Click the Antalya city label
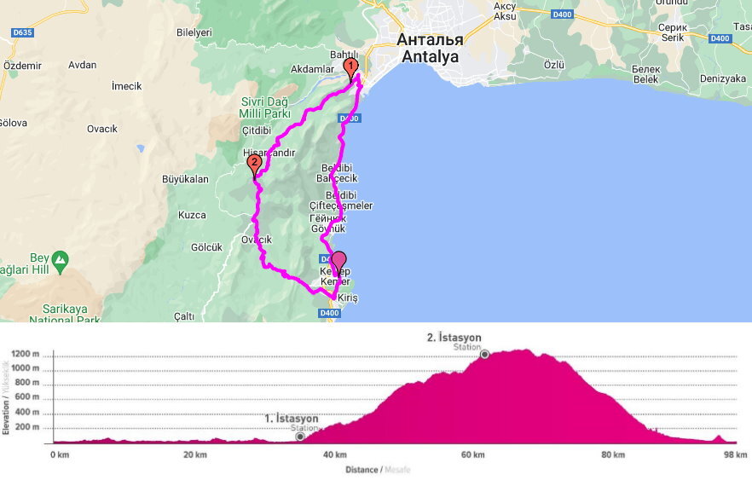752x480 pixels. (x=431, y=57)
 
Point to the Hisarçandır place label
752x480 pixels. (x=269, y=153)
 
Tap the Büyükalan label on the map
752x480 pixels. (x=185, y=180)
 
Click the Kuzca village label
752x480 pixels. (x=192, y=215)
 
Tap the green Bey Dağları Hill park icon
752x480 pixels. (x=60, y=258)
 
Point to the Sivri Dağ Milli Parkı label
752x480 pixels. (x=265, y=107)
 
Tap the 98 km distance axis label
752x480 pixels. (x=735, y=454)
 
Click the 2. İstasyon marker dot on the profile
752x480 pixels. (x=484, y=355)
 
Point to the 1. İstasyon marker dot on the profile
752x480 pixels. (x=300, y=437)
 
